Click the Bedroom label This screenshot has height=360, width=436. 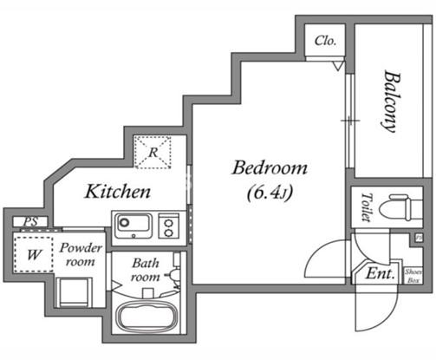(270, 167)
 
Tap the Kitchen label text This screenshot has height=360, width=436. (118, 191)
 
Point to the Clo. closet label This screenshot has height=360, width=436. (325, 41)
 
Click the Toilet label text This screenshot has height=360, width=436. (367, 207)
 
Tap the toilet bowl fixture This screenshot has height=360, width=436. (400, 207)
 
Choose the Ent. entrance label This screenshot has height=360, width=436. (380, 273)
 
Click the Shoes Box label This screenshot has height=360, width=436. (413, 276)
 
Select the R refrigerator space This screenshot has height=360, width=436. (153, 152)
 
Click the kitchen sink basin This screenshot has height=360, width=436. (133, 226)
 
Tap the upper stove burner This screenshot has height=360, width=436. (168, 223)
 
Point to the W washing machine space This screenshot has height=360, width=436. (34, 254)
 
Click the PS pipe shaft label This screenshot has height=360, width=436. (30, 222)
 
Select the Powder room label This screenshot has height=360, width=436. (81, 254)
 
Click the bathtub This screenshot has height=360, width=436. (146, 316)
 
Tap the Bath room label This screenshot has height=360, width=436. (146, 270)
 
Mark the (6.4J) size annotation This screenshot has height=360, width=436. (270, 193)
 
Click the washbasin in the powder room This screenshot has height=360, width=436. (75, 292)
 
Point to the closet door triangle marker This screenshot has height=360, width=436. (338, 66)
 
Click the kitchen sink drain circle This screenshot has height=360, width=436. (125, 222)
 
